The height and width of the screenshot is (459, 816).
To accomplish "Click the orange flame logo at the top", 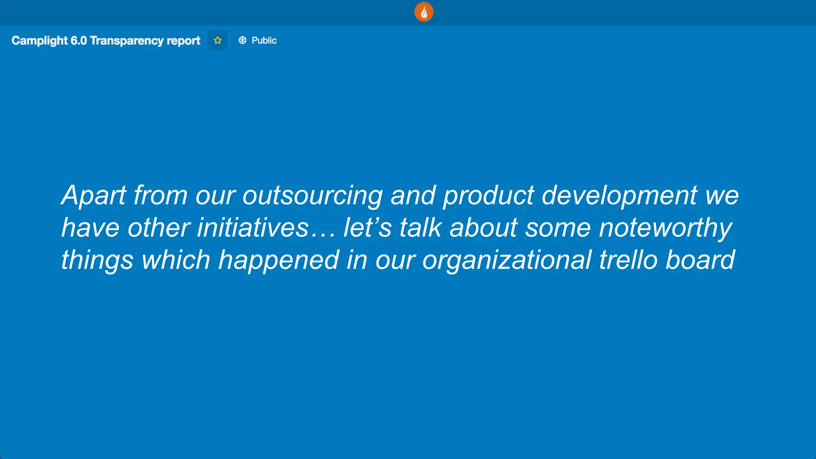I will coord(424,12).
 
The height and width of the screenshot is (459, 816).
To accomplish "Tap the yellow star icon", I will coord(218,40).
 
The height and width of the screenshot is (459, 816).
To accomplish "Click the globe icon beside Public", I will coord(242,40).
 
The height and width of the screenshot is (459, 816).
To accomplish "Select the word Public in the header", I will coord(264,40).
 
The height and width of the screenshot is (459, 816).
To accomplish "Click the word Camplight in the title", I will coord(39,41).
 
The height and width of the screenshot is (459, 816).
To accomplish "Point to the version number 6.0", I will coord(78,41).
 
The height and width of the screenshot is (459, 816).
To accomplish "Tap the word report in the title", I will coord(183,41).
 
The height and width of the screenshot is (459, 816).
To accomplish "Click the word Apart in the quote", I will coord(94,195).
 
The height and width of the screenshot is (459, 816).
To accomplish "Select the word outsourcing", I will coord(312,195).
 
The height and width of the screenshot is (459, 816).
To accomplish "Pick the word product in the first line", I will coord(488,195).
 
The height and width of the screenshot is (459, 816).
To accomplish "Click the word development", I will coord(620,195).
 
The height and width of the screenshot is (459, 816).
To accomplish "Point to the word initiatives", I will coord(253,228).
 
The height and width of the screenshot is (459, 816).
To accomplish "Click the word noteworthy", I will coord(665,228).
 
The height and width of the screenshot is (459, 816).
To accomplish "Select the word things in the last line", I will coord(97,260).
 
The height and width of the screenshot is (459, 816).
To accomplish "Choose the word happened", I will coord(279,260).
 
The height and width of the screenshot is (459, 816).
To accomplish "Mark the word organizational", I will coord(507,260).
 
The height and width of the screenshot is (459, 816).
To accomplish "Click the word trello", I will coord(628,260).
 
